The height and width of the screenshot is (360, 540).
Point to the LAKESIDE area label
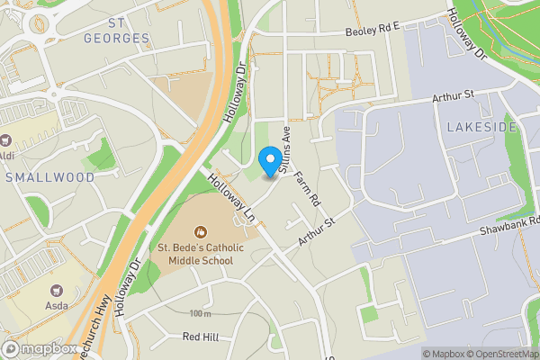pyautogui.click(x=481, y=127)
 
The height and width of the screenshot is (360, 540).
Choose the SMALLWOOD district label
pyautogui.click(x=49, y=177)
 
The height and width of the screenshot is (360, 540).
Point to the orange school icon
pyautogui.click(x=200, y=229)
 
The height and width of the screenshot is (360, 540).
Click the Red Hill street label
pyautogui.click(x=201, y=337)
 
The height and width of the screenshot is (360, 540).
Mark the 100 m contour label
pyautogui.click(x=200, y=313)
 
